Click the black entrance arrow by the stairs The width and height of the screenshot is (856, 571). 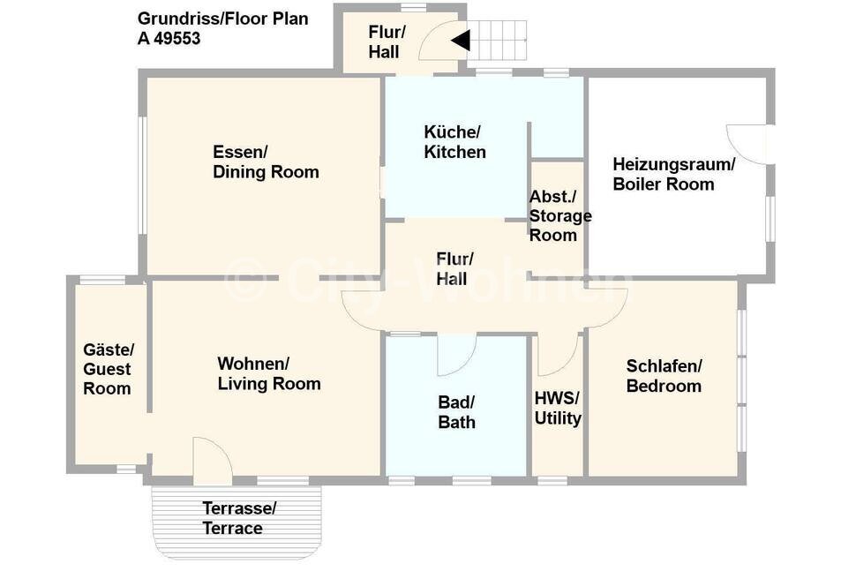(462, 41)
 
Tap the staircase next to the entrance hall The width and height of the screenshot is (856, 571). (497, 41)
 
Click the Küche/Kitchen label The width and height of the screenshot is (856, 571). (454, 142)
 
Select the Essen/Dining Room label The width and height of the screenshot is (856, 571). (266, 162)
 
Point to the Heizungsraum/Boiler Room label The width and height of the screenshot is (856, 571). (673, 174)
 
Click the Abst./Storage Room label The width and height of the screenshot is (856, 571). (560, 216)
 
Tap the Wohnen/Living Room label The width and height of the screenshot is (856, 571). (269, 374)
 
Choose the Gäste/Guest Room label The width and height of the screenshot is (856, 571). (108, 369)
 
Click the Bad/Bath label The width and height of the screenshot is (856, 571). (456, 413)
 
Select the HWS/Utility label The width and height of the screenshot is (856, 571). (558, 409)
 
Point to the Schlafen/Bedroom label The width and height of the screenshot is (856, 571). (664, 376)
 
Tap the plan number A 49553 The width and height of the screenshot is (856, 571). (169, 39)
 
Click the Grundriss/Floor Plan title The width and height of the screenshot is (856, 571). (222, 19)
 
